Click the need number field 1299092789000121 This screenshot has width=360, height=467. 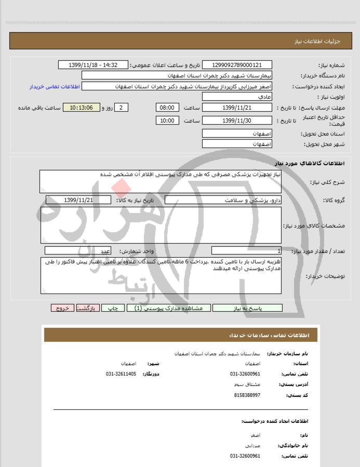click(x=236, y=65)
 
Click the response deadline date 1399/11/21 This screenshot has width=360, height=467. click(x=236, y=108)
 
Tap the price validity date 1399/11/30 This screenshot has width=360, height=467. click(x=236, y=121)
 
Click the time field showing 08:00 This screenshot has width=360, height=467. click(x=167, y=108)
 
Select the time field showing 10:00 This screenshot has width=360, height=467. click(x=167, y=121)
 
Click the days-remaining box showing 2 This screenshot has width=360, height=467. click(x=121, y=108)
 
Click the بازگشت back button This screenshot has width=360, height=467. click(x=86, y=308)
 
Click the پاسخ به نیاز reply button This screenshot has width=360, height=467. click(x=247, y=308)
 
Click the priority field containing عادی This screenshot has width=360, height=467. click(x=236, y=97)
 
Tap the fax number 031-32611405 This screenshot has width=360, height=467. click(x=121, y=373)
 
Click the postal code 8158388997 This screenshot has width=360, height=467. click(x=245, y=395)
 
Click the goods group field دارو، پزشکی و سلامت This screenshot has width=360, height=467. click(x=223, y=200)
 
